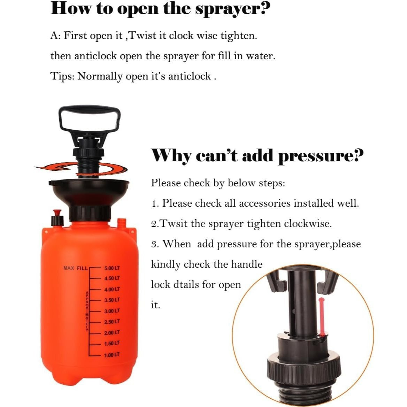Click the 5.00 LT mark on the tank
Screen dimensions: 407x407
pyautogui.click(x=112, y=268)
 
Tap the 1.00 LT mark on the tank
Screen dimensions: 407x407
pyautogui.click(x=112, y=355)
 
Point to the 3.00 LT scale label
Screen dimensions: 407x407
pyautogui.click(x=112, y=311)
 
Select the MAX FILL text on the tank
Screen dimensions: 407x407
pyautogui.click(x=76, y=268)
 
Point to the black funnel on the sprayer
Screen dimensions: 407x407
pyautogui.click(x=89, y=192)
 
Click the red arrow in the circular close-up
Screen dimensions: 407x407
pyautogui.click(x=322, y=317)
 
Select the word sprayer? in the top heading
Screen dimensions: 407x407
pyautogui.click(x=232, y=9)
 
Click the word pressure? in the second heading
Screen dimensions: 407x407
pyautogui.click(x=321, y=156)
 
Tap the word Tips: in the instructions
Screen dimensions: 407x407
pyautogui.click(x=63, y=76)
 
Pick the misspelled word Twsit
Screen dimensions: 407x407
pyautogui.click(x=174, y=223)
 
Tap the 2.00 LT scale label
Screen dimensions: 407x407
pyautogui.click(x=112, y=333)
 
